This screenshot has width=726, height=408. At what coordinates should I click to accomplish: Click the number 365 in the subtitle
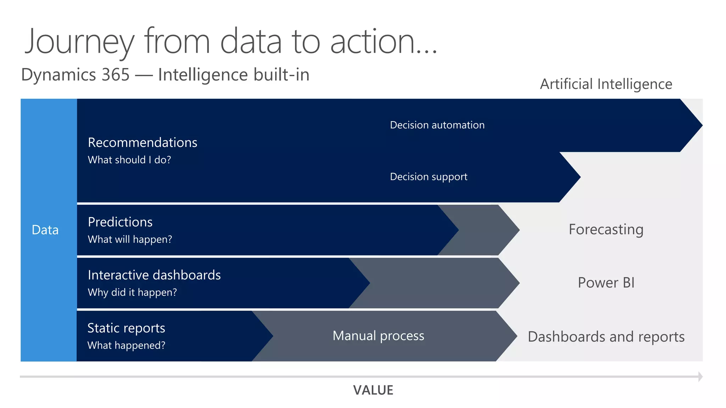pyautogui.click(x=116, y=75)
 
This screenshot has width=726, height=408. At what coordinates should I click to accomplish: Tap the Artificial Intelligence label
pyautogui.click(x=606, y=84)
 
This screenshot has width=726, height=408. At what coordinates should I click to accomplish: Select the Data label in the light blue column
pyautogui.click(x=45, y=230)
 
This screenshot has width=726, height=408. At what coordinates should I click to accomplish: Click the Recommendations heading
pyautogui.click(x=143, y=142)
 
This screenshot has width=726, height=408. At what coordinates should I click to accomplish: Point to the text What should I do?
pyautogui.click(x=129, y=160)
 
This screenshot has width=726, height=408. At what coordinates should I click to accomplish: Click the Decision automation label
pyautogui.click(x=437, y=125)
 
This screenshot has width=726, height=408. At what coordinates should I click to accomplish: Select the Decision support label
pyautogui.click(x=429, y=177)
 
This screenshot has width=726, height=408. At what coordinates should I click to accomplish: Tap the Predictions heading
pyautogui.click(x=120, y=222)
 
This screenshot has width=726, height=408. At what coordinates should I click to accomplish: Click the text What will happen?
pyautogui.click(x=130, y=240)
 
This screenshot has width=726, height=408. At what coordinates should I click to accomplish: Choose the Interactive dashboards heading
pyautogui.click(x=154, y=275)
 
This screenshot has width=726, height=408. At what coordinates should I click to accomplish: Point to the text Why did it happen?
pyautogui.click(x=132, y=293)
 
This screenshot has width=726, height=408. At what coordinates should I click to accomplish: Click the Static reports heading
pyautogui.click(x=126, y=328)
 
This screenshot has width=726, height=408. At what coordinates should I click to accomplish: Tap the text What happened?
pyautogui.click(x=126, y=346)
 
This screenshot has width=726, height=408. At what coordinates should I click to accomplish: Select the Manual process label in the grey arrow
pyautogui.click(x=378, y=336)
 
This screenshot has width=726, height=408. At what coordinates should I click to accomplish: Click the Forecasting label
pyautogui.click(x=606, y=229)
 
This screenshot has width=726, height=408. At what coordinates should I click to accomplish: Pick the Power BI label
pyautogui.click(x=606, y=283)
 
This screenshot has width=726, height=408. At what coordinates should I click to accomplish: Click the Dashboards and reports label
pyautogui.click(x=606, y=337)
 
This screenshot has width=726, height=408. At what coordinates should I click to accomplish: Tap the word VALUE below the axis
pyautogui.click(x=373, y=390)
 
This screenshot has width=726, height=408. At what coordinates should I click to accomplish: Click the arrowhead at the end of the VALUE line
pyautogui.click(x=700, y=376)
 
